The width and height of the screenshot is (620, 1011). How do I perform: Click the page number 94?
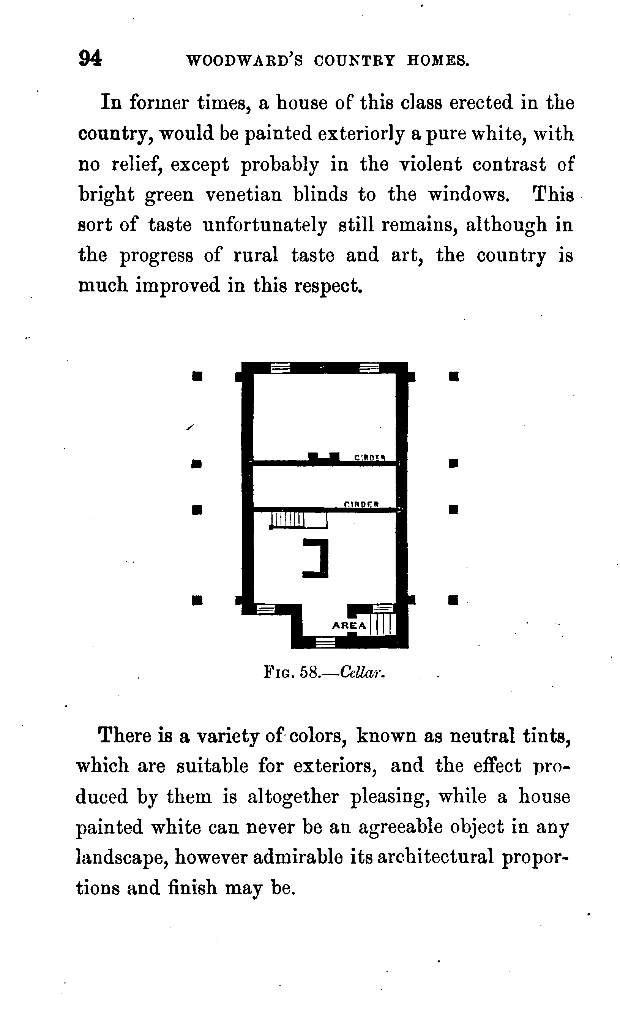(90, 58)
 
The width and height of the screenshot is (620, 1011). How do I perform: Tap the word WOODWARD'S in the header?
(245, 61)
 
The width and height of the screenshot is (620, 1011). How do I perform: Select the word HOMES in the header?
(437, 61)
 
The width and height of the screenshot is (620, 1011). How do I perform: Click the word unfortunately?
(265, 225)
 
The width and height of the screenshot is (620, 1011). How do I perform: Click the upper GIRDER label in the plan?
(369, 457)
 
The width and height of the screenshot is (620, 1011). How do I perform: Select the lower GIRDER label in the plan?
(361, 505)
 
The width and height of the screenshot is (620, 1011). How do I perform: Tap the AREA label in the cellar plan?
(349, 626)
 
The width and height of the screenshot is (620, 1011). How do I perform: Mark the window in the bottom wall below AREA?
(325, 642)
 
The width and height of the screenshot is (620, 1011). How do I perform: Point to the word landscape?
(122, 858)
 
